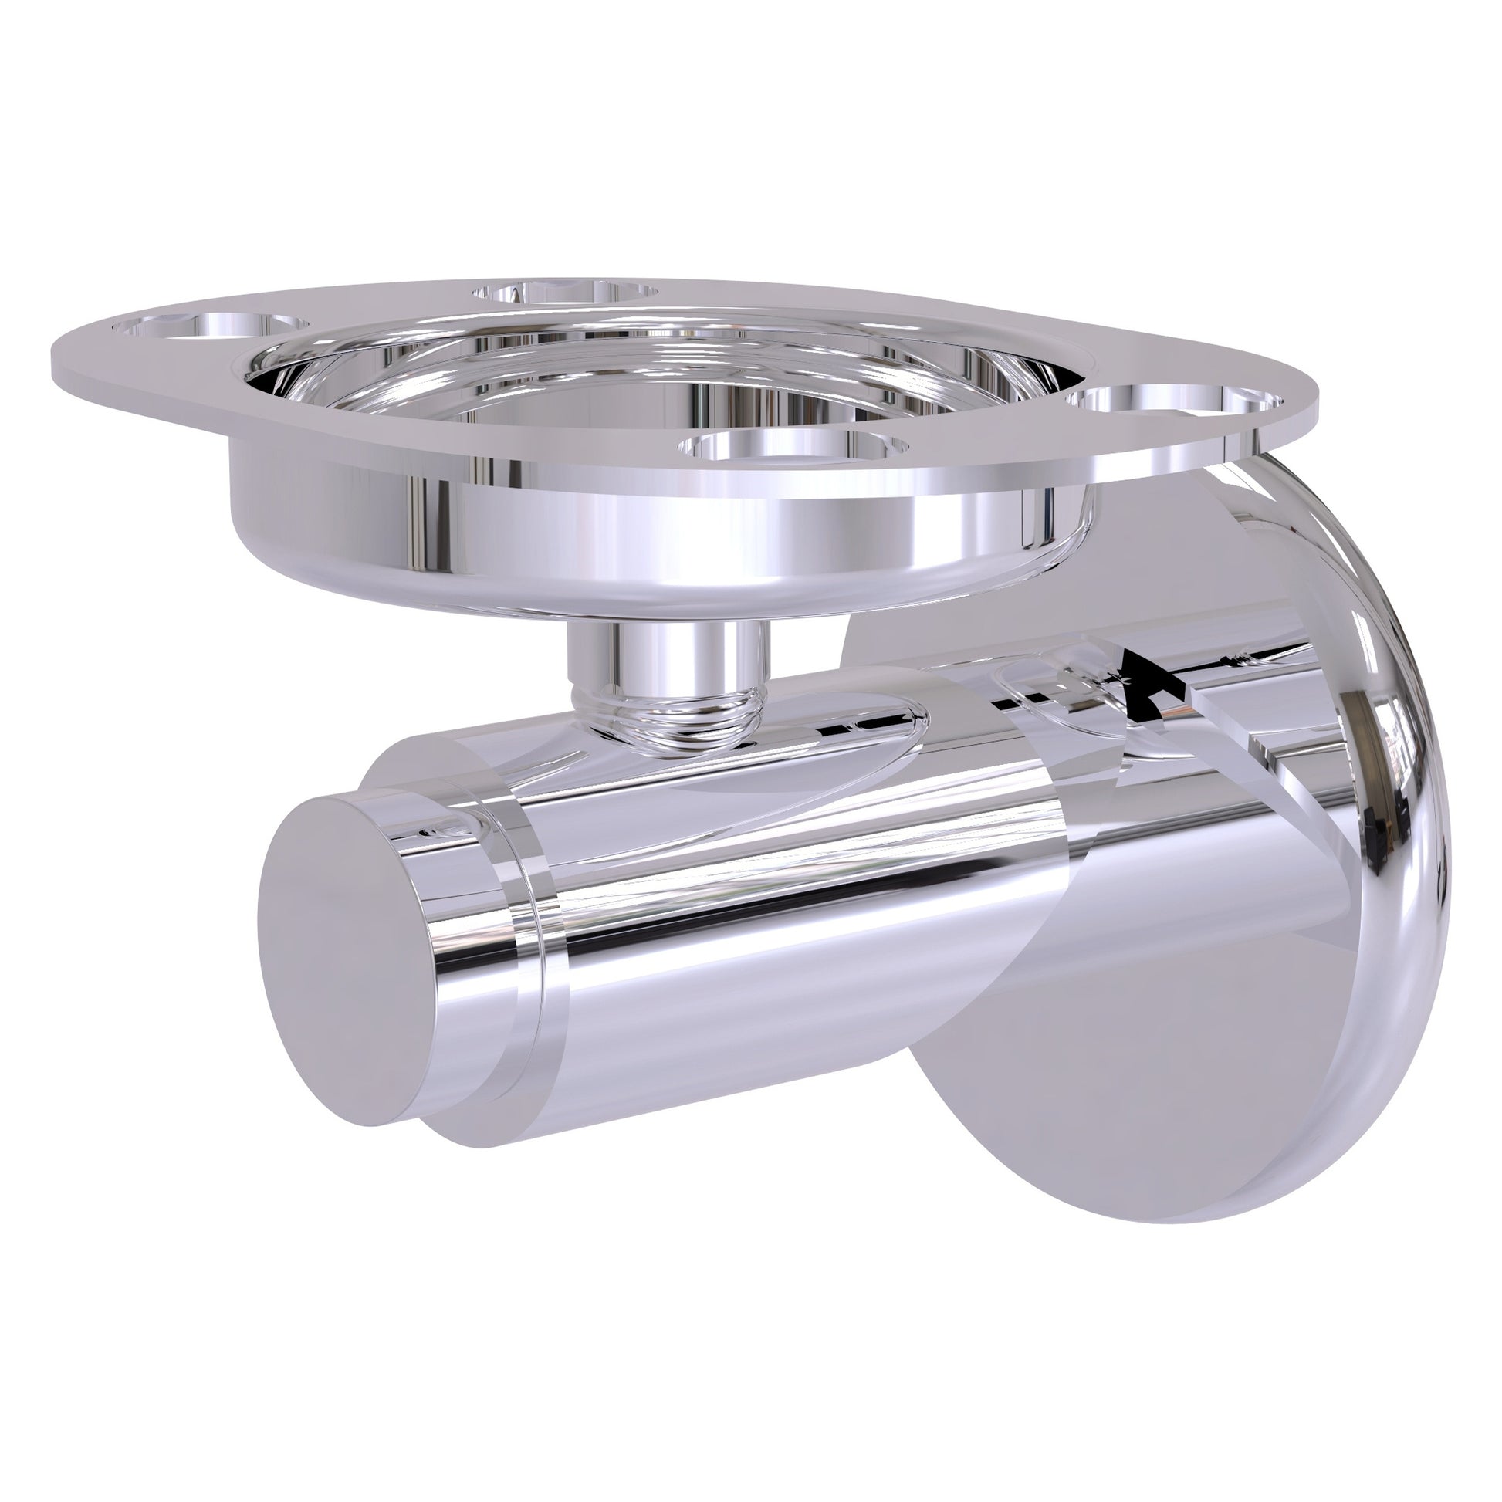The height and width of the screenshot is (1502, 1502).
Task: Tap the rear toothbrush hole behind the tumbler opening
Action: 565,292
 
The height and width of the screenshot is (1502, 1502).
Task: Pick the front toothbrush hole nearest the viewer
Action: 793,448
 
